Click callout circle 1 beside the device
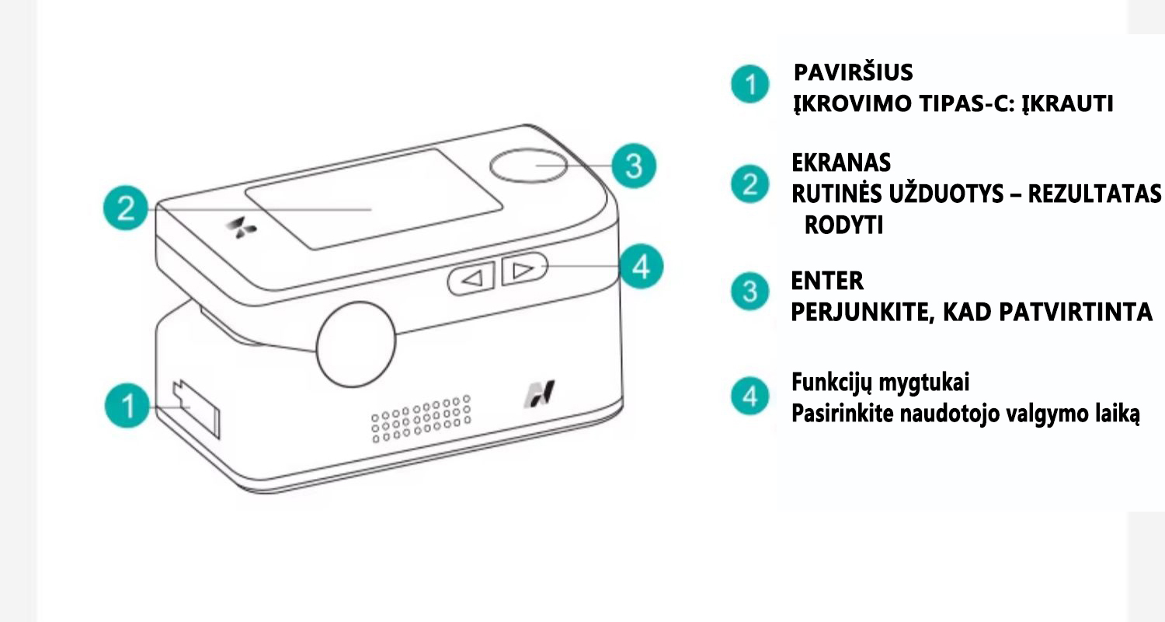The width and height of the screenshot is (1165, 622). point(127,406)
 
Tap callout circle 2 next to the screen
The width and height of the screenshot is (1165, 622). point(126,208)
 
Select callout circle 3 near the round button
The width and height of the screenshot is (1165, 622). point(634,166)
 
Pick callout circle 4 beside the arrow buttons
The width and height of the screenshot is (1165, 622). point(641,267)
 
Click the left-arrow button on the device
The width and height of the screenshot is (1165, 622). point(471,279)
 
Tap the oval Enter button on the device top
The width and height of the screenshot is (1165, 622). point(528,166)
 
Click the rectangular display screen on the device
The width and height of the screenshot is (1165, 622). point(374,199)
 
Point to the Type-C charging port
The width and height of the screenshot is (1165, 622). point(196,409)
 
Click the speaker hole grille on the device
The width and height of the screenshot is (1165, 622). point(421,418)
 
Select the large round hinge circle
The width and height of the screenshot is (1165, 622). point(356,344)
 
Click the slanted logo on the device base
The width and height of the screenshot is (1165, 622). point(539,394)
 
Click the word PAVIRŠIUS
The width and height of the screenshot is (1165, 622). point(853,73)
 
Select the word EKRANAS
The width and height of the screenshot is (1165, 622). point(841,163)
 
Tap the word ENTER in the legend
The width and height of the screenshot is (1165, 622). point(827,281)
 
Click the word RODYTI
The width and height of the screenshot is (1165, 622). point(843,225)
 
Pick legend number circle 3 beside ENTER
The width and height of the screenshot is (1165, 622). point(749,292)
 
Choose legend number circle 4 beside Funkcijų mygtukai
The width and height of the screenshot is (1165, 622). point(749,396)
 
